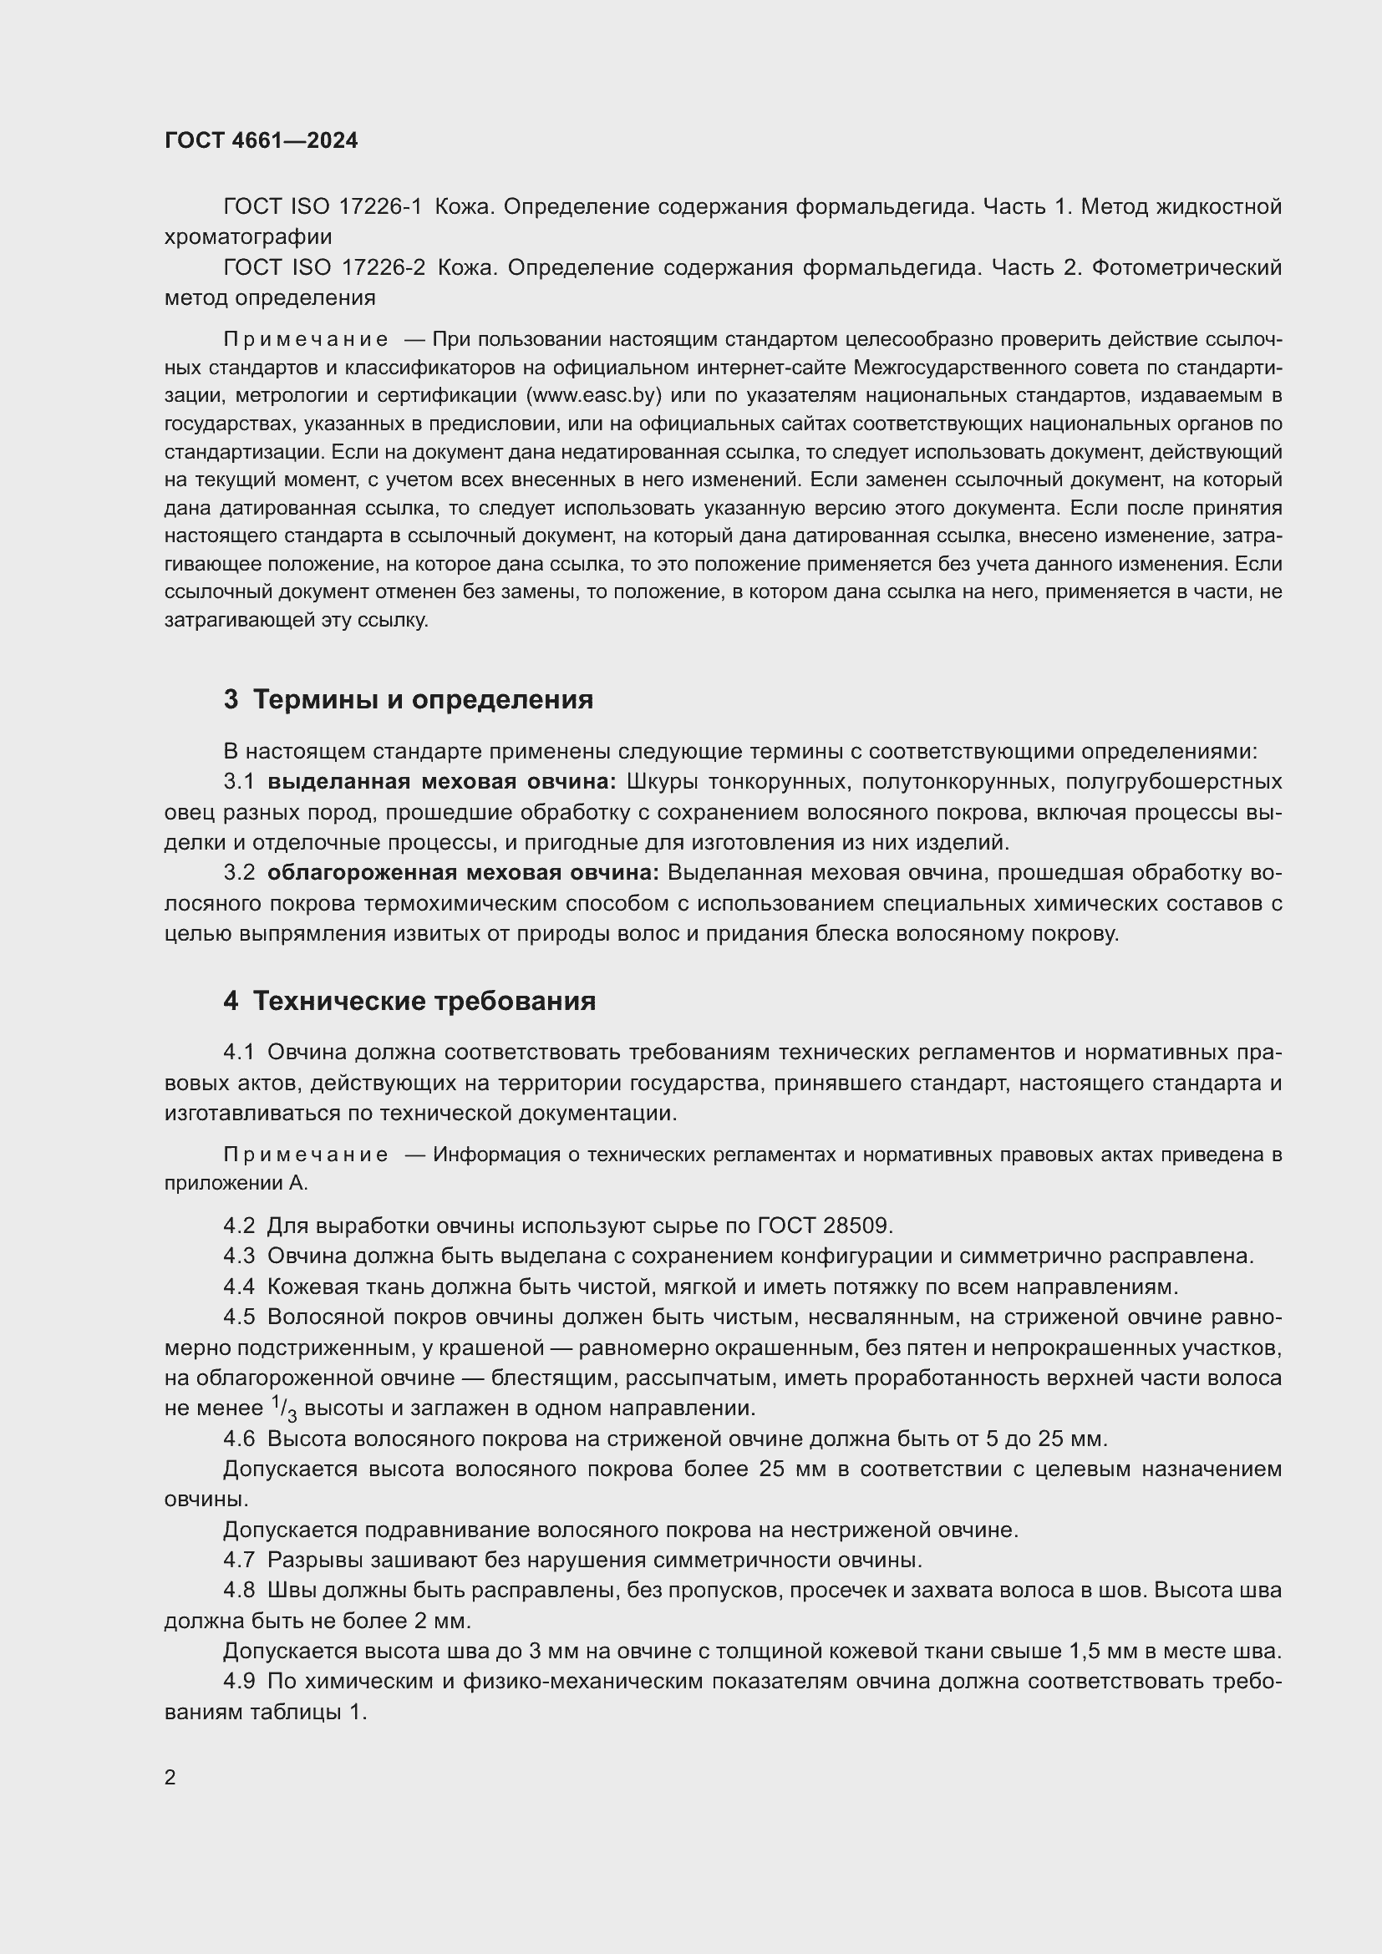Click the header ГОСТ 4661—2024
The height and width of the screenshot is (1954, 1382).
262,140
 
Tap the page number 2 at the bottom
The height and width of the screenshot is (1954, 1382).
170,1777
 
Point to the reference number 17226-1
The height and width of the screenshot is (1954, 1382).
380,207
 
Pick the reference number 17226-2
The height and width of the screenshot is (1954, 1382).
382,268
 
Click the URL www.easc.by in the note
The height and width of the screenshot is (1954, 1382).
594,396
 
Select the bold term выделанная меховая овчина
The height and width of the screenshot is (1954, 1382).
442,781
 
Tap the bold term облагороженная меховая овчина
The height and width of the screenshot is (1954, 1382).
463,872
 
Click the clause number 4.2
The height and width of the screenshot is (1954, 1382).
239,1226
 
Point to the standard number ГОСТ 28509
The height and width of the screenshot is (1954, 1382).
822,1226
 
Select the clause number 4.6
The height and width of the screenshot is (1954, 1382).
239,1439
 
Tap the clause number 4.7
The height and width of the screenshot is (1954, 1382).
239,1560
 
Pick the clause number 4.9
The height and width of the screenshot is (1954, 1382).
239,1682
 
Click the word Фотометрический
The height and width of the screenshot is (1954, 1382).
1186,268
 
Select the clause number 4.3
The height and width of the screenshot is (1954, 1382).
239,1256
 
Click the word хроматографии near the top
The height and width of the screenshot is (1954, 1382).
248,236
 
